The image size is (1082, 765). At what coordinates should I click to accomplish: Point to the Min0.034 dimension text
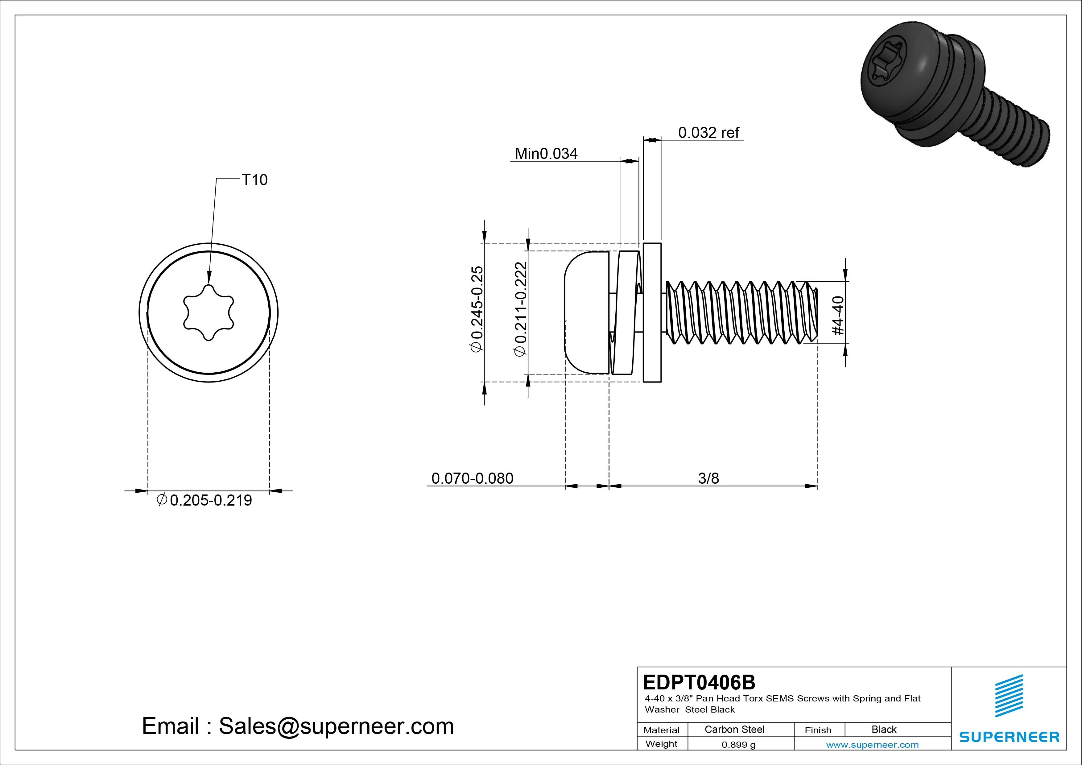tap(546, 154)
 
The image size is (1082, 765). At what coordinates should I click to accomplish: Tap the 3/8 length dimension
tap(708, 478)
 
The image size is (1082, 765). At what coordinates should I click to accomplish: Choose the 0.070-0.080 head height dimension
tap(472, 478)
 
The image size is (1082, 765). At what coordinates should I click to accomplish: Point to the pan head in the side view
tap(586, 312)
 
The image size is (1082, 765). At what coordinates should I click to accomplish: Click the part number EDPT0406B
tap(699, 682)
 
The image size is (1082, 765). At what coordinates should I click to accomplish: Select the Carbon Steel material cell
tap(734, 729)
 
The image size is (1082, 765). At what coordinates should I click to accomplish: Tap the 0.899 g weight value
tap(738, 745)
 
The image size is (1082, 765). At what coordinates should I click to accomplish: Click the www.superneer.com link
tap(872, 745)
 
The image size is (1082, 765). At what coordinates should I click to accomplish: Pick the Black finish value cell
tap(884, 729)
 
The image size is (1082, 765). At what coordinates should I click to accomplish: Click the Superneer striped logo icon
tap(1009, 695)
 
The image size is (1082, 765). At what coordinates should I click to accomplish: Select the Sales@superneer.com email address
tap(336, 726)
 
